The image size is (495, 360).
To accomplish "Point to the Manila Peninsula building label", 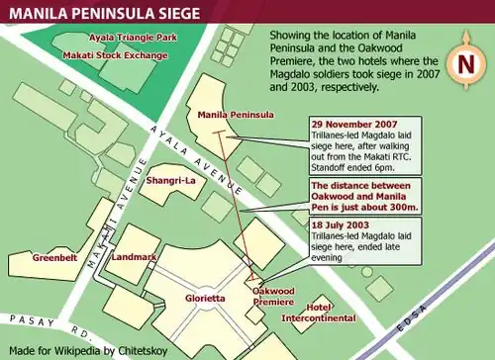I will [236, 115].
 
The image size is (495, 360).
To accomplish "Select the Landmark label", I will [134, 257].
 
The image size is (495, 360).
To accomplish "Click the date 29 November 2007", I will [354, 122].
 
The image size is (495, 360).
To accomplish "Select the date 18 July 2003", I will [343, 225].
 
